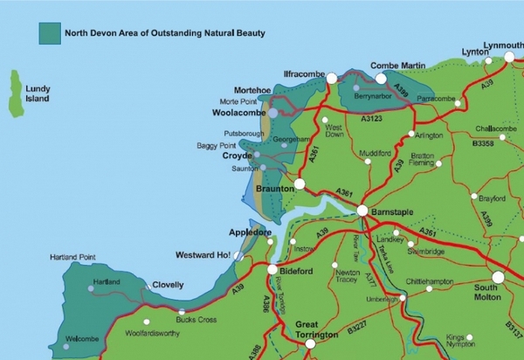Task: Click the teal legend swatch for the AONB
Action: [49, 33]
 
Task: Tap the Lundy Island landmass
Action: [16, 93]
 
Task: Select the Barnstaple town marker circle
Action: [362, 211]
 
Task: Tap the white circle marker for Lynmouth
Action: [509, 57]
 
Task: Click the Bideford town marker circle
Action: [272, 270]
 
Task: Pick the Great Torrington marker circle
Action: [310, 343]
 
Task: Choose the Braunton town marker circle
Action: [300, 184]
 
